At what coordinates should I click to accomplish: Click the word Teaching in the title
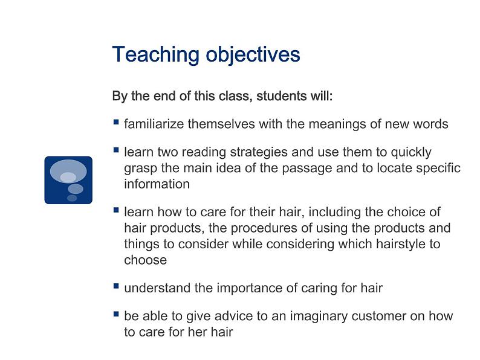pos(156,55)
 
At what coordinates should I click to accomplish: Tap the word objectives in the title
pos(253,55)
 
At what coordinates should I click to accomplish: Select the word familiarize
pos(154,124)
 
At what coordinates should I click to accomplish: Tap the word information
pos(157,184)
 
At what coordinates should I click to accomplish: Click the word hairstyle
pos(401,244)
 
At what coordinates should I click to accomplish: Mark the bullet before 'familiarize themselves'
pos(116,122)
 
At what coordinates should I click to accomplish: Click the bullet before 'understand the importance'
pos(116,286)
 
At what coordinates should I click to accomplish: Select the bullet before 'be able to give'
pos(116,314)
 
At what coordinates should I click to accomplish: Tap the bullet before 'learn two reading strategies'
pos(116,150)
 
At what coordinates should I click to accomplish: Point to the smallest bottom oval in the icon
pos(72,198)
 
